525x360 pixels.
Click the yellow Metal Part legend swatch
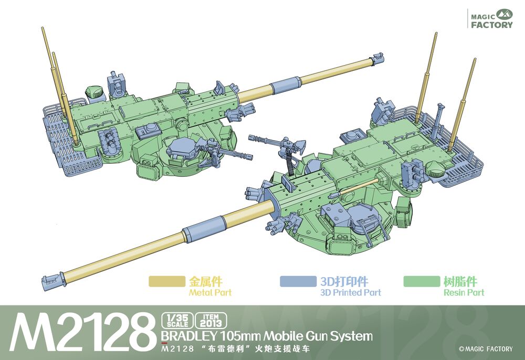point(167,281)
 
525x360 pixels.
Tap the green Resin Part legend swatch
point(422,281)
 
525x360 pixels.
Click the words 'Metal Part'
point(211,293)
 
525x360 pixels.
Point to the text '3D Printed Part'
point(351,293)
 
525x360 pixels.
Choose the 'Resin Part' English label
point(464,293)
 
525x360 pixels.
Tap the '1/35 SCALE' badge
point(177,320)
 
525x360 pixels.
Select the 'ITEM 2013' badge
point(211,320)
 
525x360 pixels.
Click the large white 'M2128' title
point(80,332)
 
